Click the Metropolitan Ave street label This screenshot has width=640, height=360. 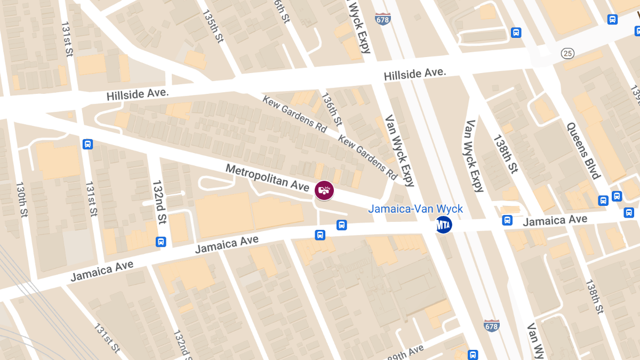pos(267,178)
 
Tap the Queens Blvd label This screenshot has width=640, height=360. pos(584,151)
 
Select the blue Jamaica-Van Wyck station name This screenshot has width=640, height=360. pos(415,209)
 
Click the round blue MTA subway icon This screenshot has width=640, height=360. pos(444,225)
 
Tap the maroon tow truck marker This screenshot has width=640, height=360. pos(324,190)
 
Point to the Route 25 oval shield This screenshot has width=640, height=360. pos(567,53)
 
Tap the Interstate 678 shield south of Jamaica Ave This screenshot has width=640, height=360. pos(491,325)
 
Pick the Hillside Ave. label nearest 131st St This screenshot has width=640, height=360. pos(138,95)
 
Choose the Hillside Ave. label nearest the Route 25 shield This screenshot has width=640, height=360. pos(415,75)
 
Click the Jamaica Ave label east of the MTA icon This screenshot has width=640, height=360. pos(555,220)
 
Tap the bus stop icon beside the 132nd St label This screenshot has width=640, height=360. pos(161,242)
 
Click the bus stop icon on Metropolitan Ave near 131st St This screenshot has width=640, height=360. pos(87,144)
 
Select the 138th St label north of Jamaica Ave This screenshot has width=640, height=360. pos(505,154)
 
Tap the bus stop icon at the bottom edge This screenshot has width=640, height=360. pos(473,355)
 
